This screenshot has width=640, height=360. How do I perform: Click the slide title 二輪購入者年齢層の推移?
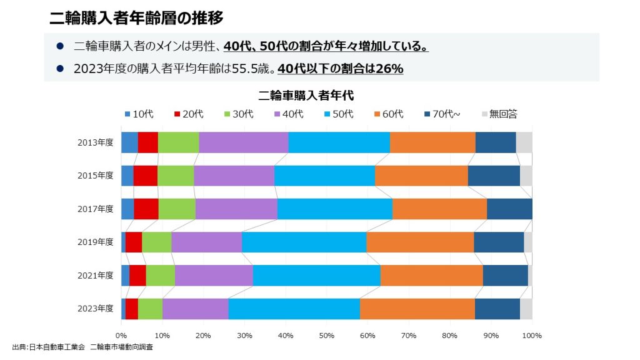(x=136, y=17)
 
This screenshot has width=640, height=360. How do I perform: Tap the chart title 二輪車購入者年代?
(x=306, y=96)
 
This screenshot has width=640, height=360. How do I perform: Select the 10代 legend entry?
(x=139, y=114)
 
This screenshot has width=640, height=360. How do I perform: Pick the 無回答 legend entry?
(x=499, y=114)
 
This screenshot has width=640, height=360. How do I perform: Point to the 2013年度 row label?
(x=96, y=142)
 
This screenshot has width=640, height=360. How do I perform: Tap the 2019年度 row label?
(x=96, y=242)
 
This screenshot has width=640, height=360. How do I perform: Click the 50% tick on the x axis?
(x=326, y=336)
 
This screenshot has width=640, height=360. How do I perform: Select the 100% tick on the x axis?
(x=531, y=336)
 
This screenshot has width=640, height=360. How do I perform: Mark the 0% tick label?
(x=121, y=336)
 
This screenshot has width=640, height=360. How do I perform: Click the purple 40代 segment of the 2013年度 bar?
(x=243, y=142)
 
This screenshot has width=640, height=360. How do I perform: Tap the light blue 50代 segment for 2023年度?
(x=294, y=309)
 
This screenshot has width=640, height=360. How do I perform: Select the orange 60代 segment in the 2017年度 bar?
(x=439, y=209)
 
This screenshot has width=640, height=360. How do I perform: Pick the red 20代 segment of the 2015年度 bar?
(x=145, y=176)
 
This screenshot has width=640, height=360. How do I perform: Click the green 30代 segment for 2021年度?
(x=160, y=275)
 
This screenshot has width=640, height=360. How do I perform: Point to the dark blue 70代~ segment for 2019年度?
(x=499, y=242)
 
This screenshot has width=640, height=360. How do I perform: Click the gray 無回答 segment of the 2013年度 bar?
(x=524, y=142)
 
